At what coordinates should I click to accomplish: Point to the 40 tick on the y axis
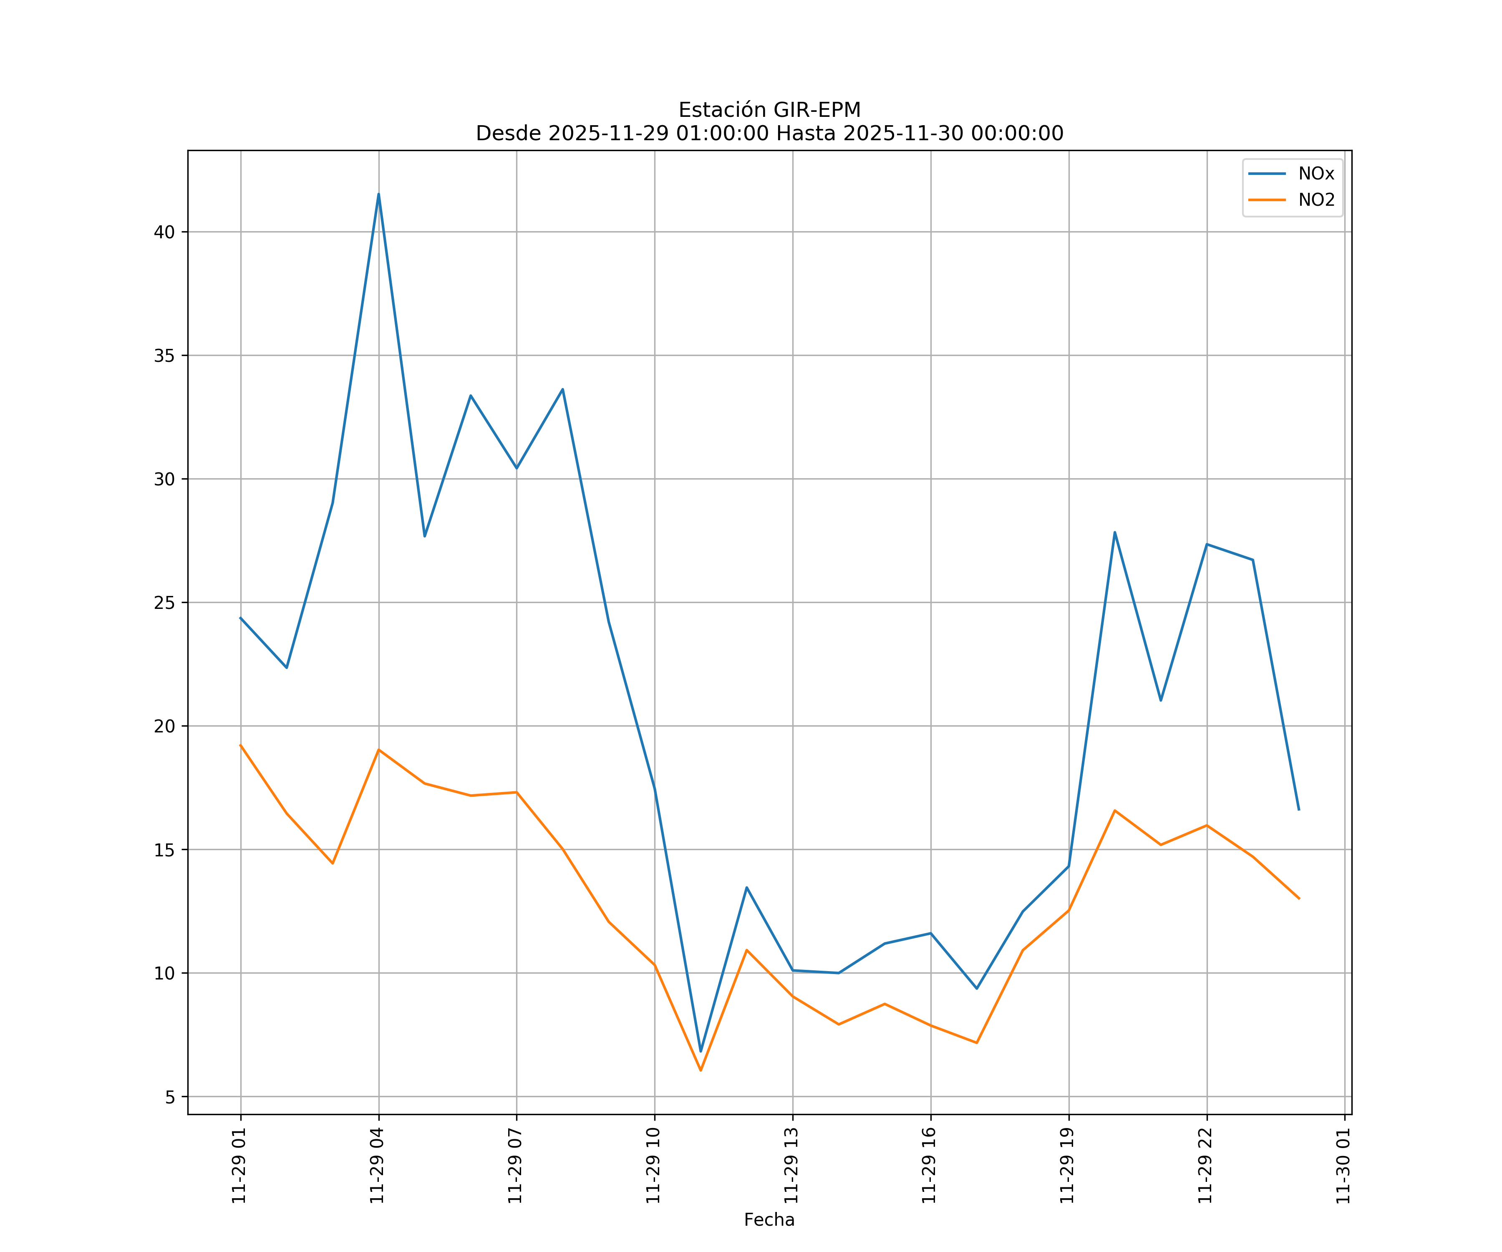pos(164,232)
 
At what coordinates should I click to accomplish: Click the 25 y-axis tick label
pos(164,602)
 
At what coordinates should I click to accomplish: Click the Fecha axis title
pos(769,1220)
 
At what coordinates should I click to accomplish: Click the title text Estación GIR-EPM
pos(769,110)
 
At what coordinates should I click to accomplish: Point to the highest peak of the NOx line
pos(378,194)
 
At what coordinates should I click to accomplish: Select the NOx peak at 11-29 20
pos(1114,532)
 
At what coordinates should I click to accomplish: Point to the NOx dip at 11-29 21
pos(1160,700)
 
